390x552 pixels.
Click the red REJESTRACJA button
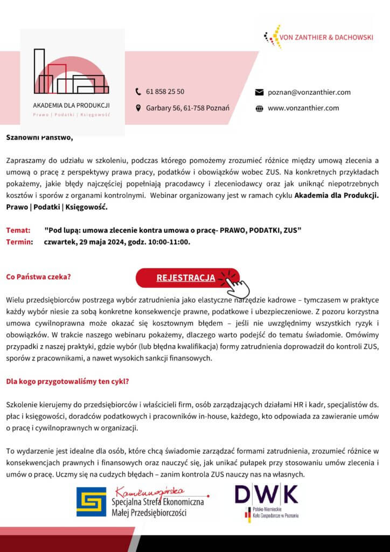[x=185, y=278]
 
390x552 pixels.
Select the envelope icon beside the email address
[x=259, y=92]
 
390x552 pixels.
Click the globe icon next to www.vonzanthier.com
[x=259, y=108]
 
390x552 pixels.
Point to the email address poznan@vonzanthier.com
[x=309, y=92]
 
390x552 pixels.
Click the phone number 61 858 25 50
[x=165, y=92]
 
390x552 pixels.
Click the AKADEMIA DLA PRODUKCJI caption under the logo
[x=71, y=105]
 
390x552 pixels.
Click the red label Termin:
[x=19, y=241]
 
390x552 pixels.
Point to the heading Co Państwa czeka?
[x=38, y=277]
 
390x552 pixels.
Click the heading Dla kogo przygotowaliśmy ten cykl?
[x=67, y=382]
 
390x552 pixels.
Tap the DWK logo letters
[x=266, y=494]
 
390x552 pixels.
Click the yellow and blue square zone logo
[x=91, y=502]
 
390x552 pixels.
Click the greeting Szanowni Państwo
[x=39, y=137]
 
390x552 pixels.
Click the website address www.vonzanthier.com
[x=303, y=108]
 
